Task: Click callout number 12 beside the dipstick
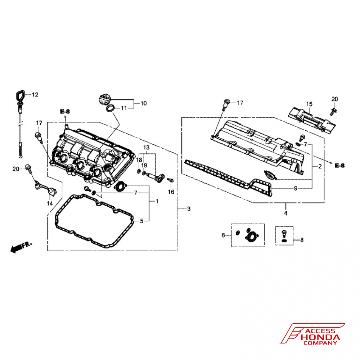pyautogui.click(x=35, y=95)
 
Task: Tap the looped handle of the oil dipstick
pyautogui.click(x=18, y=96)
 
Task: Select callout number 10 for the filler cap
pyautogui.click(x=143, y=103)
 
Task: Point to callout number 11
pyautogui.click(x=123, y=108)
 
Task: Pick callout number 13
pyautogui.click(x=146, y=148)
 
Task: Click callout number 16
pyautogui.click(x=171, y=192)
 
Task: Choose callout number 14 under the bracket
pyautogui.click(x=49, y=203)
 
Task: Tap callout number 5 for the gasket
pyautogui.click(x=141, y=221)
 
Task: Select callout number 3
pyautogui.click(x=189, y=209)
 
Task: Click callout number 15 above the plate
pyautogui.click(x=309, y=104)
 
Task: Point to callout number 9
pyautogui.click(x=295, y=188)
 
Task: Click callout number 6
pyautogui.click(x=223, y=235)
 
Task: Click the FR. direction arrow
pyautogui.click(x=21, y=247)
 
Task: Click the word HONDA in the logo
pyautogui.click(x=320, y=337)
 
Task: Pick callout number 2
pyautogui.click(x=320, y=166)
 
